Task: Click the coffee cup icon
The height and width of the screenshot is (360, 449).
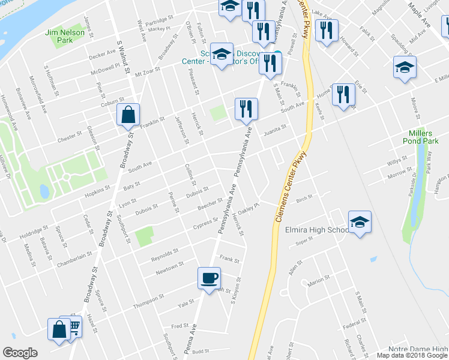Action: click(209, 278)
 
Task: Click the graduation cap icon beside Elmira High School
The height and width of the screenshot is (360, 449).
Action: click(360, 222)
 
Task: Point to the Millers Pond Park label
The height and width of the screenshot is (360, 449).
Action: click(424, 137)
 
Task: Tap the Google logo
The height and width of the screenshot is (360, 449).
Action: click(20, 353)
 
